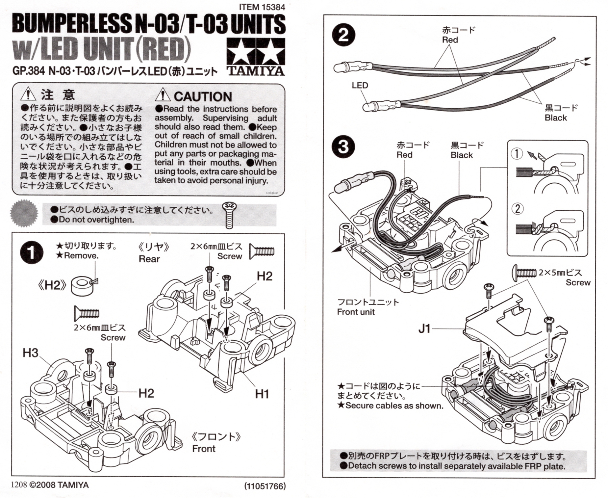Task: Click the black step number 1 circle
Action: click(32, 252)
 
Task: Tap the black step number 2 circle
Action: click(343, 35)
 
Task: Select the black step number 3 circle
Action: click(343, 146)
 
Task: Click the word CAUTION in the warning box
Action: click(203, 97)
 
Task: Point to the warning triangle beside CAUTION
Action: click(162, 95)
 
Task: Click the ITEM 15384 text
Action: click(262, 7)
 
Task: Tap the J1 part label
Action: click(424, 328)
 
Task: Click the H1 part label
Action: click(262, 394)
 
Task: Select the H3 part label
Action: click(30, 353)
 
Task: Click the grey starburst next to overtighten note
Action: click(24, 213)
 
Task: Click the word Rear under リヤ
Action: click(149, 259)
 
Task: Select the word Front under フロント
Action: click(204, 449)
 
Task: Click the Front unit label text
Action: click(356, 312)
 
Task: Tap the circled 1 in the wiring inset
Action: click(517, 153)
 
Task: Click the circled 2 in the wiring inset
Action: click(517, 209)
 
